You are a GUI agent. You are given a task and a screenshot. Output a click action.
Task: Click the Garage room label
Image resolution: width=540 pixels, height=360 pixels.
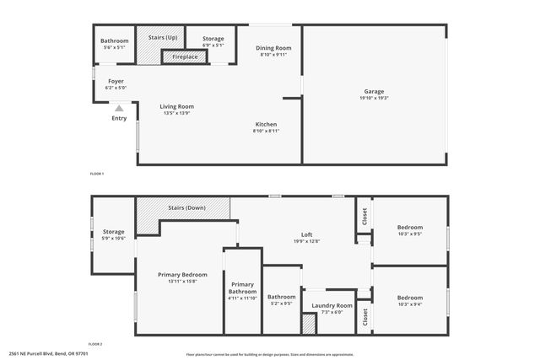374,91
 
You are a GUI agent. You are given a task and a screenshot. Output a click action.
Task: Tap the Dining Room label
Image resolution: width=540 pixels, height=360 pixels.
273,48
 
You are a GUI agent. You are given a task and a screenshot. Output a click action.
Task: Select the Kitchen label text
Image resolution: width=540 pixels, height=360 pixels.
267,125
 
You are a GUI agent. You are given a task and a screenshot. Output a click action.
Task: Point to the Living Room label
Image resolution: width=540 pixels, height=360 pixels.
178,106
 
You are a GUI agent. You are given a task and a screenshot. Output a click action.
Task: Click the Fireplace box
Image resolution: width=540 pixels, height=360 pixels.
180,57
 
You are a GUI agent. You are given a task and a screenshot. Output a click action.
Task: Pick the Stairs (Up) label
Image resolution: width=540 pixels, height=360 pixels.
162,38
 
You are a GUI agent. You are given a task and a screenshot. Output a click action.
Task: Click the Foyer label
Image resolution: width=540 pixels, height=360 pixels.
115,81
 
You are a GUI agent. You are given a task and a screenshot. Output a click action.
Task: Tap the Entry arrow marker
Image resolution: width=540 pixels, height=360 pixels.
119,107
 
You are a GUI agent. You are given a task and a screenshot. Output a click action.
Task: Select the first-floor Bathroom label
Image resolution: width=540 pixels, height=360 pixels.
114,41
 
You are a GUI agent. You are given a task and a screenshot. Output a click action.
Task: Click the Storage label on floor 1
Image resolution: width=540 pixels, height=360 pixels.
213,38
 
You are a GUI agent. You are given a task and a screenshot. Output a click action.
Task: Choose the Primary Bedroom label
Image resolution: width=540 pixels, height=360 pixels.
182,275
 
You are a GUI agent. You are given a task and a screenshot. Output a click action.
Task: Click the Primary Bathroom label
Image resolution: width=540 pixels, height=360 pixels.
242,287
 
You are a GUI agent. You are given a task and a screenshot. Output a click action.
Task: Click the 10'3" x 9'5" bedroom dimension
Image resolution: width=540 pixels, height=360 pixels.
410,235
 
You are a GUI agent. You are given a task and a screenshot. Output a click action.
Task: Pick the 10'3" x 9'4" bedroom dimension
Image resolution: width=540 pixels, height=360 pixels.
410,304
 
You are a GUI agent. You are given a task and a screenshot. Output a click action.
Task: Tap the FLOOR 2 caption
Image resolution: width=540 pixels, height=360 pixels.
96,344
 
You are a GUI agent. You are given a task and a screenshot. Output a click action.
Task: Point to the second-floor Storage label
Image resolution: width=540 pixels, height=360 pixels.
113,232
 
